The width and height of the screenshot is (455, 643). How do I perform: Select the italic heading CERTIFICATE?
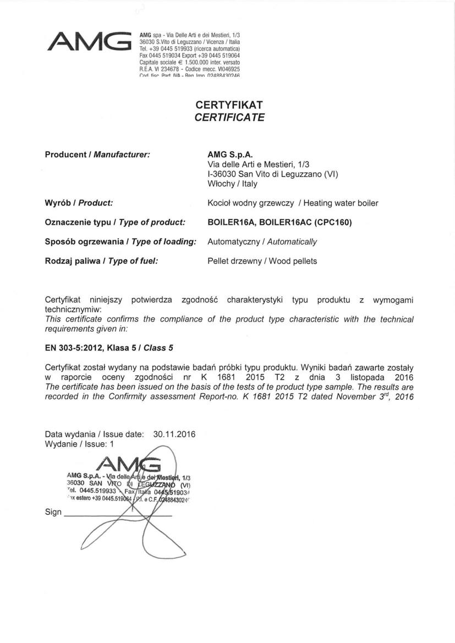229,117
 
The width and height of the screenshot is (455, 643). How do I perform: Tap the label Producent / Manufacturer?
97,155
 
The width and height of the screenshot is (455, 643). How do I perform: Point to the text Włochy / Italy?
228,184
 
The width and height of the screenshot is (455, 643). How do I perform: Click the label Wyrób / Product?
79,203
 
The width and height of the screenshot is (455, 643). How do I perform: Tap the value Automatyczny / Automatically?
262,241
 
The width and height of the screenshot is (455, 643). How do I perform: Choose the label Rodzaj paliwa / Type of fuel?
101,261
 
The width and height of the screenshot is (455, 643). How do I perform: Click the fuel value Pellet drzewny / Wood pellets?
262,261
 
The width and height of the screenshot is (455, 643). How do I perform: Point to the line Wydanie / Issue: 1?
79,443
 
